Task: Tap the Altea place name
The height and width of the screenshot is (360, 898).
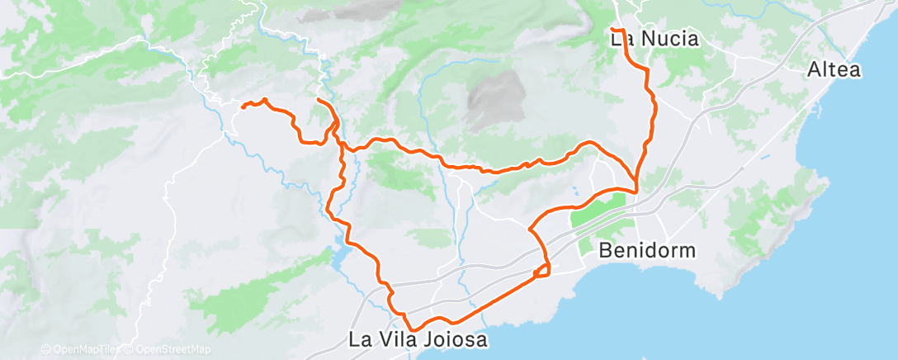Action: [x=834, y=70]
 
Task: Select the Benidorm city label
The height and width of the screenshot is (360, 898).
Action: [x=648, y=249]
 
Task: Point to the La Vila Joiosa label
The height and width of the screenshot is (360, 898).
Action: [x=418, y=339]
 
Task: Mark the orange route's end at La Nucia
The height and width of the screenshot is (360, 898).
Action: [x=612, y=31]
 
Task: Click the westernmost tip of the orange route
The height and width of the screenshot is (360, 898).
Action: [x=242, y=105]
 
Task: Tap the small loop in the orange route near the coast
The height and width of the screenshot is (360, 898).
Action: [x=542, y=270]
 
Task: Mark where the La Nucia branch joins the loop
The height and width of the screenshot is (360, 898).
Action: [x=636, y=190]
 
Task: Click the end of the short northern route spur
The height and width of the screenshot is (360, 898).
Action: [x=318, y=100]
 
